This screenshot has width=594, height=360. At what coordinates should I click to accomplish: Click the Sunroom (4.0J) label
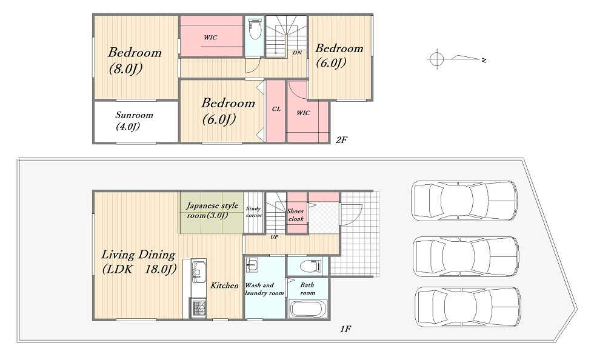click(x=134, y=121)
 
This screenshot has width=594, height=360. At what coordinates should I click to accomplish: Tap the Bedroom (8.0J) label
click(x=135, y=60)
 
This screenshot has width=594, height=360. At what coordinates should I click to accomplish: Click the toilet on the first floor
click(x=310, y=266)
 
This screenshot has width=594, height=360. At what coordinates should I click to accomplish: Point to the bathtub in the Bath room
click(x=308, y=309)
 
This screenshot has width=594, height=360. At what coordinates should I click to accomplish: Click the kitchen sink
click(x=199, y=272)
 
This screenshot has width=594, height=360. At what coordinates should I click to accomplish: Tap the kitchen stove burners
click(x=199, y=307)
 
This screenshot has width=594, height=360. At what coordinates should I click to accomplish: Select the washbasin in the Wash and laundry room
click(x=252, y=265)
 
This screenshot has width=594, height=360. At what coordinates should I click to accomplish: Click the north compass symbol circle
click(x=436, y=59)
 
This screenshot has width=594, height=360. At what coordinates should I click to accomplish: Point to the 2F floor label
click(x=341, y=140)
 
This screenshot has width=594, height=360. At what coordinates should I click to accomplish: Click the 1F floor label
click(x=345, y=329)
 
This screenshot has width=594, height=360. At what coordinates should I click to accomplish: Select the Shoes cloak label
click(x=296, y=215)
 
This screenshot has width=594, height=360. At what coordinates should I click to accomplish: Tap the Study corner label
click(x=254, y=212)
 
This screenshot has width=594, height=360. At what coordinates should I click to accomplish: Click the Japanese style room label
click(x=212, y=210)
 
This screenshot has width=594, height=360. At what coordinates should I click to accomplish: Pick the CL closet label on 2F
click(x=276, y=108)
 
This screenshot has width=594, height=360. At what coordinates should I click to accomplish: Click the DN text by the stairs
click(x=298, y=53)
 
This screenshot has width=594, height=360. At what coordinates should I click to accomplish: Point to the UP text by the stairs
click(x=274, y=237)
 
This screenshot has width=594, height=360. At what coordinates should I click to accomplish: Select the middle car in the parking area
click(x=466, y=256)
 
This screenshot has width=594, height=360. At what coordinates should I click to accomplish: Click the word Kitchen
click(x=225, y=285)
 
